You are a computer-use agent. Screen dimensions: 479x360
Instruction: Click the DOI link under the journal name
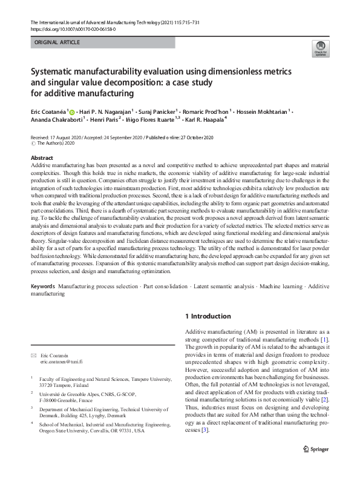(73, 28)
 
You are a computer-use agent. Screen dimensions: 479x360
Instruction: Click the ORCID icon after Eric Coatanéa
(72, 112)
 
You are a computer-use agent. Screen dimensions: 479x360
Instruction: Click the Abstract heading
(42, 158)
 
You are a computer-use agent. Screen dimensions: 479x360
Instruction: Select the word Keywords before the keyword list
(43, 285)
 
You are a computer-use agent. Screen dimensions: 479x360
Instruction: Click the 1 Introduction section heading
(207, 316)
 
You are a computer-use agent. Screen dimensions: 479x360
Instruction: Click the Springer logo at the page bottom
(316, 467)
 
